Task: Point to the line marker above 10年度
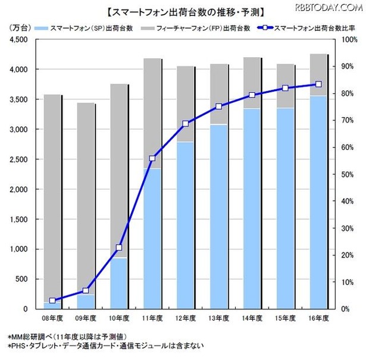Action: (119, 248)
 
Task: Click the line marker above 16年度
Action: (318, 84)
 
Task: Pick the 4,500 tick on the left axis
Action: (20, 39)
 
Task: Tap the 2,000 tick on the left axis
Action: (20, 189)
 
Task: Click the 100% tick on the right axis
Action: (350, 39)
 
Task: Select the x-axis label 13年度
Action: (219, 319)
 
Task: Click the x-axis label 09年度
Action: (86, 319)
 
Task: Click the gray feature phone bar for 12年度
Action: (186, 104)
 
